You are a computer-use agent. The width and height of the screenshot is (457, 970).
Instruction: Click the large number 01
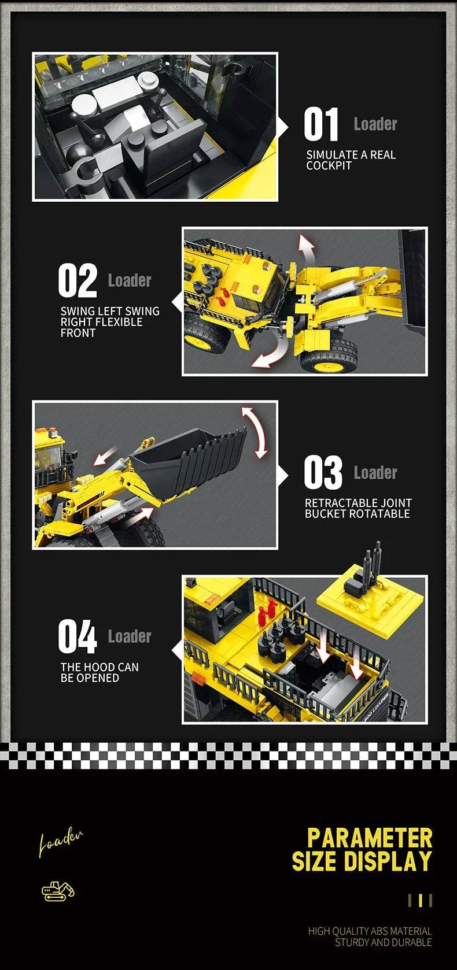point(321,125)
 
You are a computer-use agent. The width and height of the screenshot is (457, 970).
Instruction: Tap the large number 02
point(78,281)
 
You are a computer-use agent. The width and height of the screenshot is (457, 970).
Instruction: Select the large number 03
point(323,473)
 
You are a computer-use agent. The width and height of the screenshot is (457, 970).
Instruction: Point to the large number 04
point(78,636)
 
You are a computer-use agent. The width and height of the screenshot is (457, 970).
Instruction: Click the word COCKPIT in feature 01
point(329,166)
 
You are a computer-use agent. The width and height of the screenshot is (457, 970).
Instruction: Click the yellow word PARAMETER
point(370,838)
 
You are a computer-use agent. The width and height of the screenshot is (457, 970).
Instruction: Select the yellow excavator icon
point(58,891)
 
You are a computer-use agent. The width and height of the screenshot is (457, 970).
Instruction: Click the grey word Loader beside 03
point(375,473)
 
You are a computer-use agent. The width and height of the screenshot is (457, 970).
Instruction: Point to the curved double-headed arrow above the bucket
point(255,432)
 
